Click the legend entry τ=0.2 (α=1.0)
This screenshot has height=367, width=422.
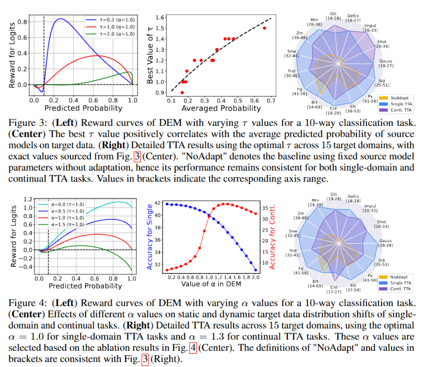(110, 20)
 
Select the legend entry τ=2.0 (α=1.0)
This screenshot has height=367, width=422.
(110, 34)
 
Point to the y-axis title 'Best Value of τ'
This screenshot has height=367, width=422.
(150, 55)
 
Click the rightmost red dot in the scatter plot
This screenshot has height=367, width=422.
(265, 28)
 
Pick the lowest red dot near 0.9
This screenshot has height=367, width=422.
(182, 92)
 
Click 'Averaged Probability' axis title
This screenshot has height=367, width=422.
(221, 108)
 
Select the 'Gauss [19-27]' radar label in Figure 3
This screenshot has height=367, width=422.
(386, 63)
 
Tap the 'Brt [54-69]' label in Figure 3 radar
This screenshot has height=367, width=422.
(314, 105)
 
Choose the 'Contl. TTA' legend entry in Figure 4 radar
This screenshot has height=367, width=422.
(395, 289)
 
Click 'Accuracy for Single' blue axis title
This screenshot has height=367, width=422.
(150, 237)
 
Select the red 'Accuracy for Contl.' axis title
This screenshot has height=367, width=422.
(272, 237)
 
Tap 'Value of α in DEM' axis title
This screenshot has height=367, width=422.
(211, 284)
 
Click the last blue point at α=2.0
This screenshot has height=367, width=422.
(255, 270)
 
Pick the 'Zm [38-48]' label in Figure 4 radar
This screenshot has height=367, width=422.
(301, 215)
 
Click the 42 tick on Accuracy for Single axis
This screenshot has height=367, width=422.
(158, 203)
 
